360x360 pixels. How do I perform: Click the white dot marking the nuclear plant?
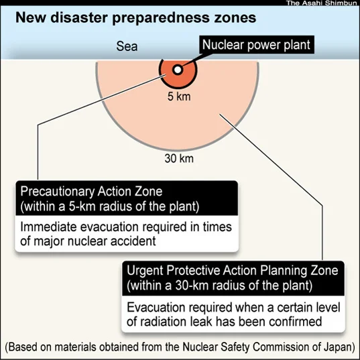(x=178, y=70)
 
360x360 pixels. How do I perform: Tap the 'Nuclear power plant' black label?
(x=257, y=45)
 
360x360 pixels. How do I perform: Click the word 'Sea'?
(x=127, y=46)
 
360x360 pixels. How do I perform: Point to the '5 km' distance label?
(x=179, y=96)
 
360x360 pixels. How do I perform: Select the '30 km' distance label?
(x=179, y=158)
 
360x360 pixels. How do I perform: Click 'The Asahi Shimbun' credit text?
(x=321, y=3)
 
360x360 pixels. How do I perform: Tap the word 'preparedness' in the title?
(x=161, y=18)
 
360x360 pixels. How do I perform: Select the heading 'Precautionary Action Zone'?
(x=91, y=191)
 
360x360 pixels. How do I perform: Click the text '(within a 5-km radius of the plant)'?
(x=110, y=206)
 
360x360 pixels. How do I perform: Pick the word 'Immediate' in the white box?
(x=48, y=227)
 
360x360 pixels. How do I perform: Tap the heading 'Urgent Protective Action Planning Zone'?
(x=233, y=270)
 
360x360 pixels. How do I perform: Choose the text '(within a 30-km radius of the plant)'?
(x=220, y=286)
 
